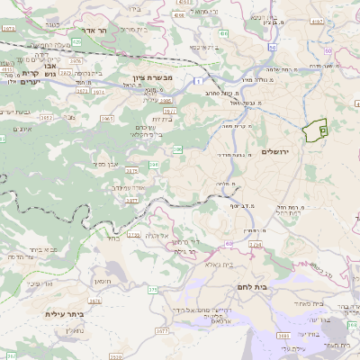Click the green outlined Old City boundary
coord(316,131)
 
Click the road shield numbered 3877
coord(132,202)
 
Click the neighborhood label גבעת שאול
coord(232,102)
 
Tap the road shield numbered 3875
coord(132,169)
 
